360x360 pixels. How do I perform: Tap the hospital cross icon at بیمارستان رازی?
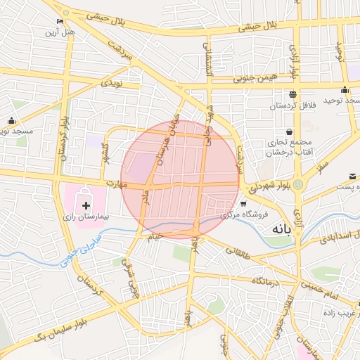coord(86,205)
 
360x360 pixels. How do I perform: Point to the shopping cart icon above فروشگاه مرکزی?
coord(243,204)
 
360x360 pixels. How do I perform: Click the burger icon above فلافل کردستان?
coord(292,94)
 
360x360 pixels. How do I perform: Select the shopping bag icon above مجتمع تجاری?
coord(290,131)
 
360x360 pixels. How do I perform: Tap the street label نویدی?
coord(112,83)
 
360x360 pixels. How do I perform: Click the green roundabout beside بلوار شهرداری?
coord(298,186)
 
